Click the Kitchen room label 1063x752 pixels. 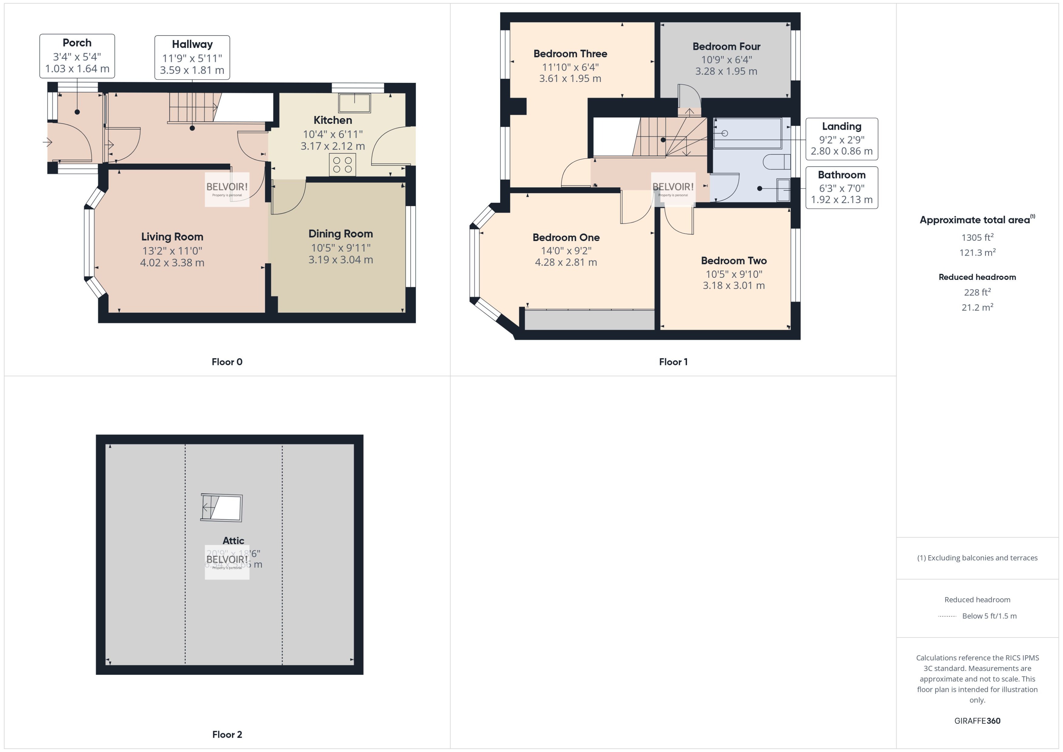[333, 120]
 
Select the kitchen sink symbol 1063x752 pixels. [354, 103]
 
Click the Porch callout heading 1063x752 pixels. [77, 43]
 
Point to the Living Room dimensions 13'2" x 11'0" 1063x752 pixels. [172, 250]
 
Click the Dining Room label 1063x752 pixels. [340, 234]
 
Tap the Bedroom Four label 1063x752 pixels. [726, 46]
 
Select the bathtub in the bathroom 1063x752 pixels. [747, 133]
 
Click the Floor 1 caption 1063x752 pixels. [673, 362]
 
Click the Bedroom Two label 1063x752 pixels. [734, 261]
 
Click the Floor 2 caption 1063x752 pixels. [227, 734]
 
